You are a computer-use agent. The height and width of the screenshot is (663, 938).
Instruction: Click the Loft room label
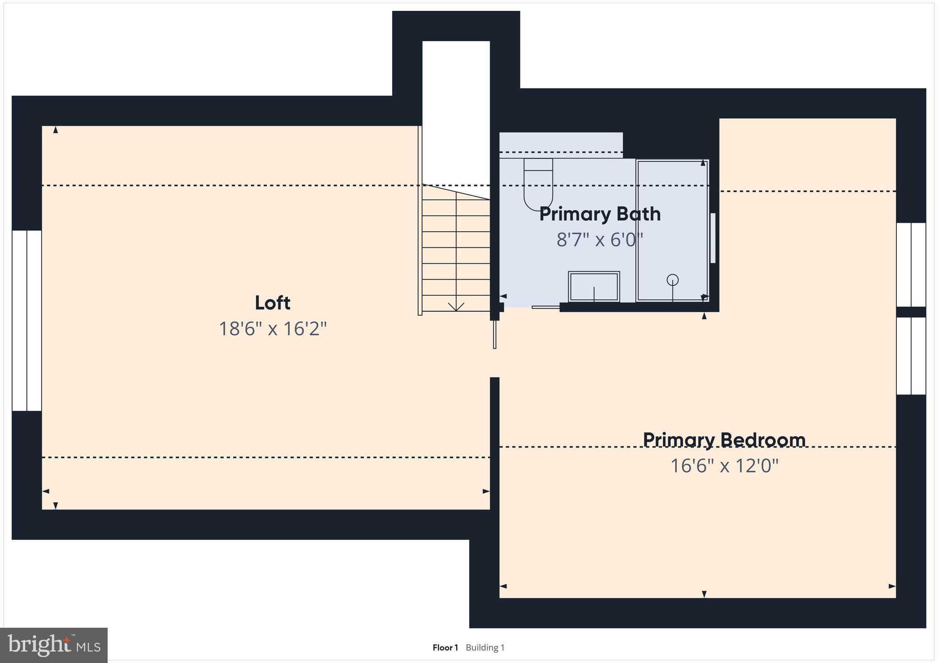pos(273,303)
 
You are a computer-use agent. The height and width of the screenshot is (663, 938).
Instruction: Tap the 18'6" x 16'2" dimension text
pos(273,329)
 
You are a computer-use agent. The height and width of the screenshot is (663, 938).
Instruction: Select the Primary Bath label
pos(600,214)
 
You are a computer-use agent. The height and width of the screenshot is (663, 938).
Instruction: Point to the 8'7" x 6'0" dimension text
pos(600,239)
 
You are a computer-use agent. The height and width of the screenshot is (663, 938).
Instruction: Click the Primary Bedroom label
pos(724,440)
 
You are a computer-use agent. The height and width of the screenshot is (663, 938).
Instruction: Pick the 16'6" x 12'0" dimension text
pos(724,466)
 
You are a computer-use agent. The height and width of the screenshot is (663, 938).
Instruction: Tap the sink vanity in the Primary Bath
pos(594,287)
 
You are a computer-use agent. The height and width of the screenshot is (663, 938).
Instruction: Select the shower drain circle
pos(672,279)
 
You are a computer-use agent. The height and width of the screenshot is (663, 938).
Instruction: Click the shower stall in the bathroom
pos(672,229)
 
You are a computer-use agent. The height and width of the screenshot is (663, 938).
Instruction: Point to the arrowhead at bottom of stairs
pos(456,307)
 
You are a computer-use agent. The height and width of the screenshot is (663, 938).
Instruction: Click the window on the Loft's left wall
pos(27,321)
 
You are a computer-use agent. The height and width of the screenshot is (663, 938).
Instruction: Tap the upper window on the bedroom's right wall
pos(911,264)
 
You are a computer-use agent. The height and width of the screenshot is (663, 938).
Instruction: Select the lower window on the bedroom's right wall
pos(911,356)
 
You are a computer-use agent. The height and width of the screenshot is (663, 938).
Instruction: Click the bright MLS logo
pos(54,645)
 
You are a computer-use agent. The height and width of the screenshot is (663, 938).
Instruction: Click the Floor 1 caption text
pos(445,647)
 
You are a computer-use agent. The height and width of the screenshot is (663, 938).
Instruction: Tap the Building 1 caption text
pos(485,647)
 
